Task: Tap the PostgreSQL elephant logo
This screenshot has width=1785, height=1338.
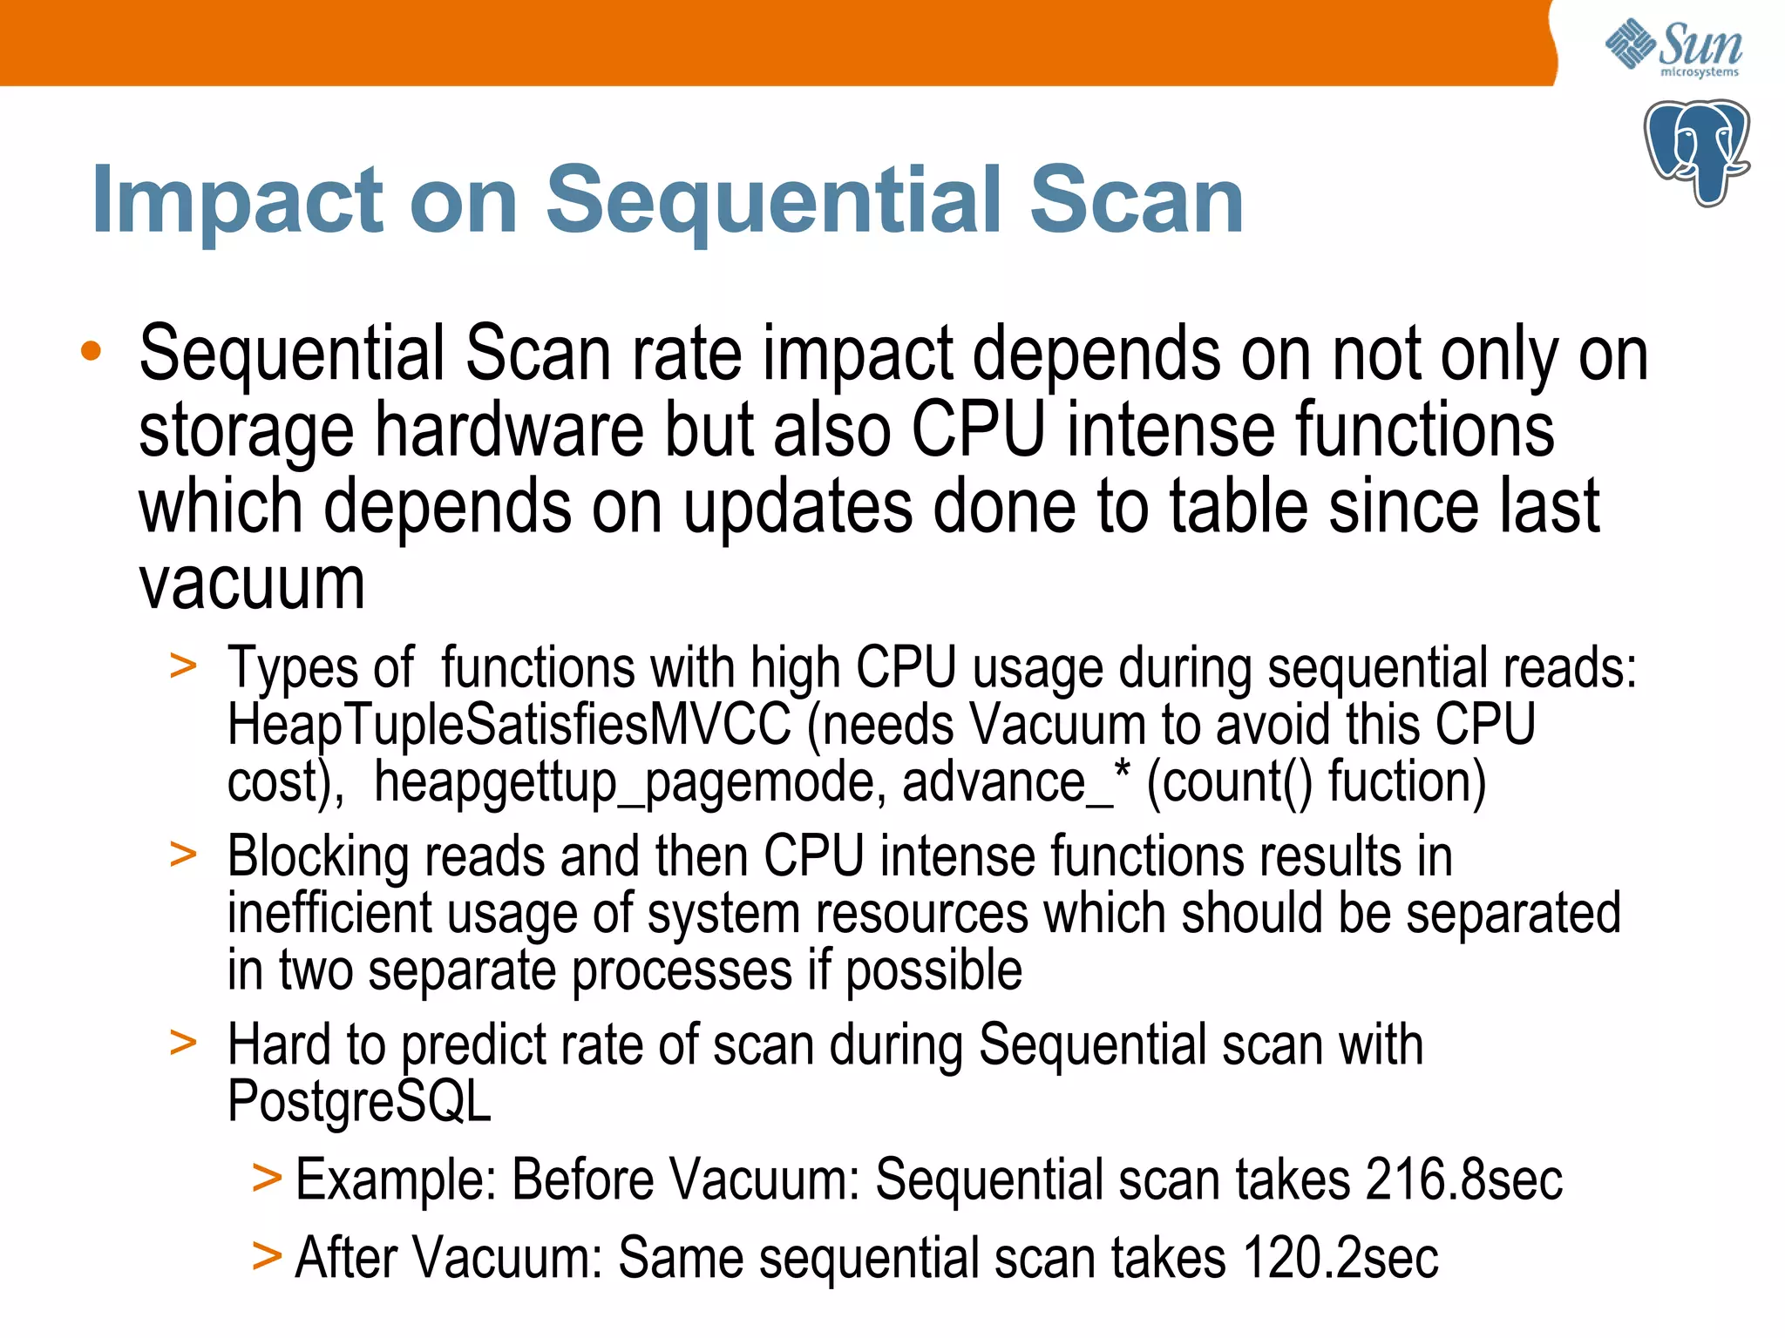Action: point(1696,152)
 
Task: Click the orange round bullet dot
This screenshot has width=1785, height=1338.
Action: point(91,352)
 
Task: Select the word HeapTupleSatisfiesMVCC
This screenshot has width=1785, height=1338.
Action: point(509,725)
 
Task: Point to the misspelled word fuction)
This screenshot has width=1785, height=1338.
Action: point(1407,781)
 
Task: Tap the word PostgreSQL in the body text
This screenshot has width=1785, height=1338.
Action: point(359,1102)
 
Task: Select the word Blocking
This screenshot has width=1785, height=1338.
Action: point(318,856)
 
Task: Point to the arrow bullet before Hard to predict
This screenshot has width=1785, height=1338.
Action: point(183,1043)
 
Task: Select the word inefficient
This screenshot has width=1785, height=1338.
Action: point(329,914)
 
